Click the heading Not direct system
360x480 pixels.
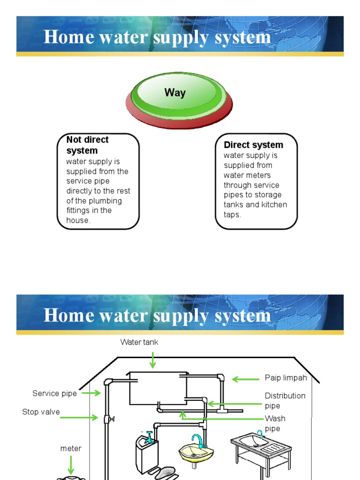pos(87,145)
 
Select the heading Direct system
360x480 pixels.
pos(253,145)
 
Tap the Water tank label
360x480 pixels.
pos(139,342)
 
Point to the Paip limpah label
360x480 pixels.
pos(286,378)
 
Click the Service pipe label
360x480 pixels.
pos(54,393)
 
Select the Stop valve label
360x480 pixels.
pos(41,412)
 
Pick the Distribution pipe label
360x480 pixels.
pos(285,401)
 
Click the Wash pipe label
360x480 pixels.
pos(275,423)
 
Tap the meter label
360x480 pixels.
pos(71,449)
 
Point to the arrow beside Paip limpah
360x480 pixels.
pos(246,379)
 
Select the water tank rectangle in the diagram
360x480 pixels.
pos(157,388)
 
